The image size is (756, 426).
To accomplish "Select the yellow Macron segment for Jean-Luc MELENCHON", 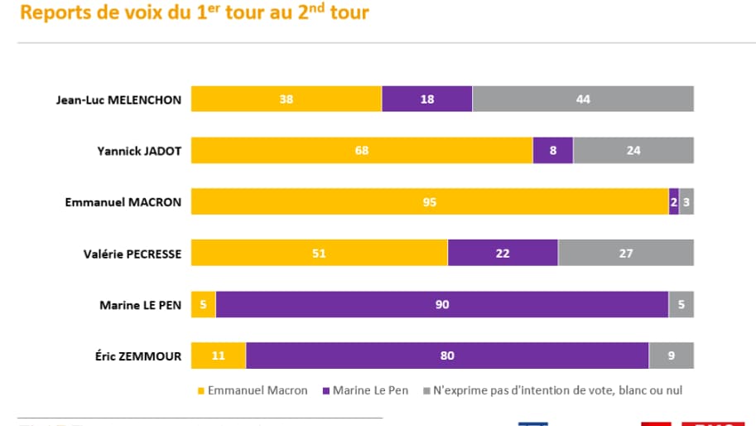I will click(x=286, y=99).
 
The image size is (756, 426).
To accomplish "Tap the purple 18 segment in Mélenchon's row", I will click(x=426, y=99).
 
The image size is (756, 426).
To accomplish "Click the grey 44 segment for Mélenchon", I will click(x=583, y=99).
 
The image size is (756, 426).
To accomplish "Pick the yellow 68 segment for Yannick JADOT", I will click(x=362, y=150).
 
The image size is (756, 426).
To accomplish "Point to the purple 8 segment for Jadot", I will click(x=552, y=150).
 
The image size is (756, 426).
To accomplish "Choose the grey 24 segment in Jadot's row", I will click(x=633, y=150).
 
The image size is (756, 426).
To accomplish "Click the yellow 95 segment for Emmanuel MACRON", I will click(x=430, y=201).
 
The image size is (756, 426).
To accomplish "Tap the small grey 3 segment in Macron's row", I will click(x=686, y=201).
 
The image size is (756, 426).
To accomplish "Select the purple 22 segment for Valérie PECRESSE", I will click(x=503, y=253).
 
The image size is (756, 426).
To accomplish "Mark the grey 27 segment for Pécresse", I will click(x=626, y=253).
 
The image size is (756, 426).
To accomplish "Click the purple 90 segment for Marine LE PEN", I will click(x=442, y=304).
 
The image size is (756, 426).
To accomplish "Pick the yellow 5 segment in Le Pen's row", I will click(x=204, y=304).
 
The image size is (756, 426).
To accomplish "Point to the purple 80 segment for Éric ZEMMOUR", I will click(x=447, y=356).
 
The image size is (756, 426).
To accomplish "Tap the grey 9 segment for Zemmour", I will click(x=672, y=356).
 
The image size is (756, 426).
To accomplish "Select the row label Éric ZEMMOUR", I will click(x=137, y=356).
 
